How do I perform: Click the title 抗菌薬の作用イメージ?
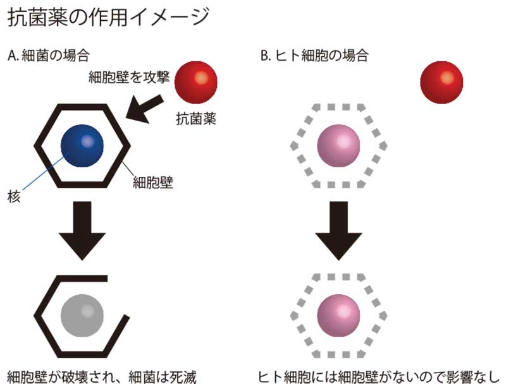click(107, 17)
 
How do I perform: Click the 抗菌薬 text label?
click(196, 117)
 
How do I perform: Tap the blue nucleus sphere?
click(82, 144)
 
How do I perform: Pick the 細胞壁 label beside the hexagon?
click(153, 183)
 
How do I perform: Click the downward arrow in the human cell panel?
click(338, 232)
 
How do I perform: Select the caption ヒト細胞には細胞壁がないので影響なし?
click(379, 378)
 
